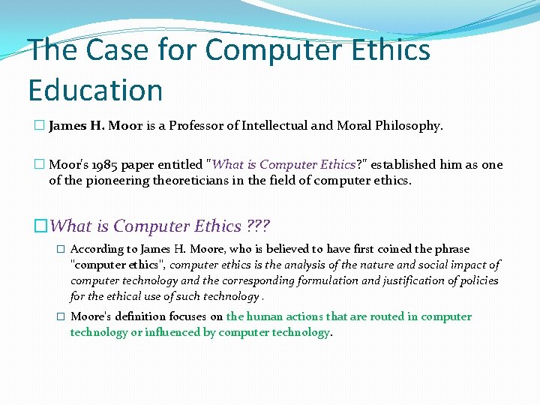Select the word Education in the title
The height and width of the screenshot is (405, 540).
[95, 90]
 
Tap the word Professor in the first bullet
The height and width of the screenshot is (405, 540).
[197, 126]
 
